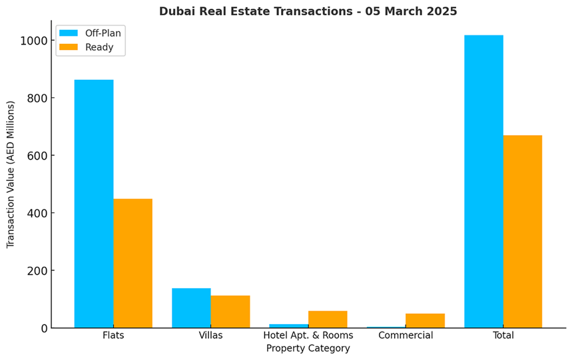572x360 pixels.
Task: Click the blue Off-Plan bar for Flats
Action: [x=94, y=204]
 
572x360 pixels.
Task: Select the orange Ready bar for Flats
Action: [x=133, y=263]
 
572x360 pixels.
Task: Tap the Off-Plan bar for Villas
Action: [x=191, y=307]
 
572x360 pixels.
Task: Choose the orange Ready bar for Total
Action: [x=523, y=232]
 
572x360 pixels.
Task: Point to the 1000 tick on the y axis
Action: [x=33, y=41]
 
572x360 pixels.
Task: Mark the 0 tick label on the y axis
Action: [x=44, y=329]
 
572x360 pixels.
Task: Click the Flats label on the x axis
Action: [x=113, y=335]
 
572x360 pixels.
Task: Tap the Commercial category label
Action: [x=406, y=335]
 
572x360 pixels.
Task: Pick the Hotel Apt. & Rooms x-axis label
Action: [x=308, y=335]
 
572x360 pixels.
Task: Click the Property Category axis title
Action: [x=308, y=349]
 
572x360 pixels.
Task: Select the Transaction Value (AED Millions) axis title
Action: [x=11, y=174]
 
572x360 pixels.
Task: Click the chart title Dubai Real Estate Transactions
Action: [x=308, y=11]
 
